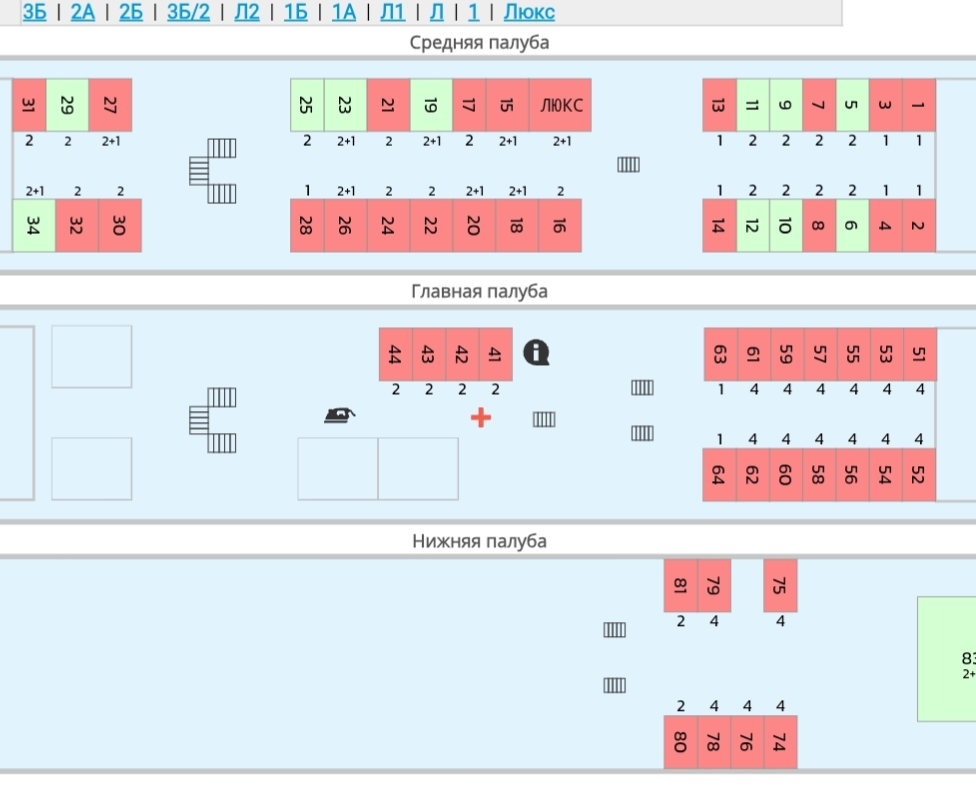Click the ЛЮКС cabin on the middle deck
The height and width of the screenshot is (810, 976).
tap(561, 105)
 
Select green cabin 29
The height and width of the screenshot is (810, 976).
tap(67, 105)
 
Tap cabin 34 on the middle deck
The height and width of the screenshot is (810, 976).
tap(33, 225)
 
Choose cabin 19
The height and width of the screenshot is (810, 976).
tap(431, 105)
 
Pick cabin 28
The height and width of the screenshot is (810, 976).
tap(307, 225)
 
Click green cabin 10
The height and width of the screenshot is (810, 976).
tap(785, 225)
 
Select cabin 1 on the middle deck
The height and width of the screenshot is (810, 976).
tap(918, 105)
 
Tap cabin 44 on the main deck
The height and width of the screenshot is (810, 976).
tap(395, 354)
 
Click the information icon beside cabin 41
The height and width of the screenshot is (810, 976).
tap(537, 351)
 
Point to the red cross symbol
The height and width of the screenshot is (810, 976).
tap(481, 417)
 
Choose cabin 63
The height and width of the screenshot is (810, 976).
tap(719, 354)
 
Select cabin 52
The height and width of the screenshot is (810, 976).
tap(918, 474)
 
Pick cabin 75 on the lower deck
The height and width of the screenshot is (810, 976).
tap(780, 585)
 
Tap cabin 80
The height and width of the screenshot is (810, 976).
tap(680, 742)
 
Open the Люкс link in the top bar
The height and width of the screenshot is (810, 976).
tap(529, 12)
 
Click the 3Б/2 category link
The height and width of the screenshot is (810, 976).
tap(188, 12)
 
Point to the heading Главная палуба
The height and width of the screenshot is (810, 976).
tap(480, 291)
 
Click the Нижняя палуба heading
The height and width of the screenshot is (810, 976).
tap(480, 541)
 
